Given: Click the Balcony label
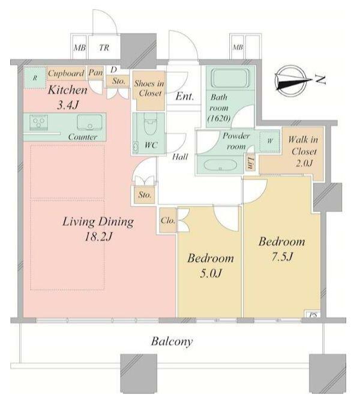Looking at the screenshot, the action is pos(172,342).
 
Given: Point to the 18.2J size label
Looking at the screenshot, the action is pos(98,237).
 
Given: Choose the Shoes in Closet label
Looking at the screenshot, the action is pos(149,88).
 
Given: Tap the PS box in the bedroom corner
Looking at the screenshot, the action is pos(313,315).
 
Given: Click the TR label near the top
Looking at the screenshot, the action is pos(104,47).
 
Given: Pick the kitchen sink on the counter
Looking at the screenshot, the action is pos(90,123).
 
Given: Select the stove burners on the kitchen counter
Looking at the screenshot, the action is pos(39,123).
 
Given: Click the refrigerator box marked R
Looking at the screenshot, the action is pos(35,77).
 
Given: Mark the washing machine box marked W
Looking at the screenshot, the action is pos(269,141).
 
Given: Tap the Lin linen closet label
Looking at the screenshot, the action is pos(250,163).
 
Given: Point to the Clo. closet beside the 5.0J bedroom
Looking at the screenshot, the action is pos(168,220).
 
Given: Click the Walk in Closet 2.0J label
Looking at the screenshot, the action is pos(303,152).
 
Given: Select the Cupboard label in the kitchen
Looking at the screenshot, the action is pos(66,73).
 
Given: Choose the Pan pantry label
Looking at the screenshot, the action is pos(95,73).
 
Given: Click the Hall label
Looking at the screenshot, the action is pos(180,157).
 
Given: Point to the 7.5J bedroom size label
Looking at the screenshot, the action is pos(283,257).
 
